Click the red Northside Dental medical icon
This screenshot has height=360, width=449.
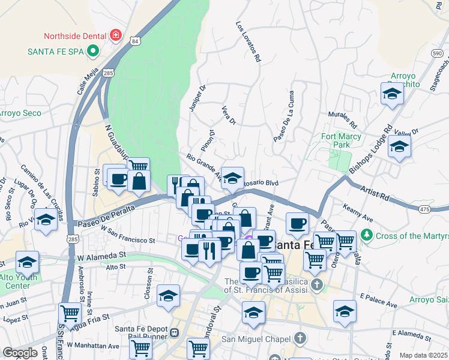[x=115, y=36]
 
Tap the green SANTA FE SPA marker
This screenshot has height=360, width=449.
[x=92, y=52]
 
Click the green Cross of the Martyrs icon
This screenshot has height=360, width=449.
[x=367, y=235]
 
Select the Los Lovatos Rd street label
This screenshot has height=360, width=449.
[x=249, y=43]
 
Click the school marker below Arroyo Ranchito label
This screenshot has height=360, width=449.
[x=391, y=94]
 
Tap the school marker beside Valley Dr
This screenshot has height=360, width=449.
[x=399, y=146]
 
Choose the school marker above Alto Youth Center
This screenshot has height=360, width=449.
[x=27, y=262]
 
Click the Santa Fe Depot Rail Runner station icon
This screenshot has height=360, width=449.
[x=175, y=332]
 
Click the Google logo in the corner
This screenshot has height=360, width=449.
[x=20, y=353]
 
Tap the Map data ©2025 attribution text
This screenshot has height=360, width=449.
[x=423, y=355]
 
